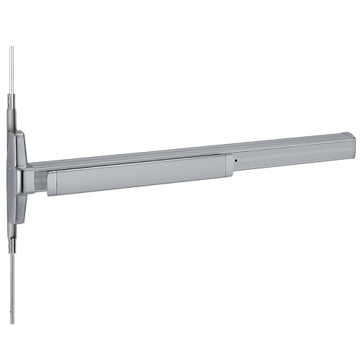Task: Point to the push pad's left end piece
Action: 52,184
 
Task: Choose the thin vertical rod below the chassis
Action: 12,288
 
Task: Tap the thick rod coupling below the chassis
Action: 12,230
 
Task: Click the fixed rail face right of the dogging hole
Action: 288,155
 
